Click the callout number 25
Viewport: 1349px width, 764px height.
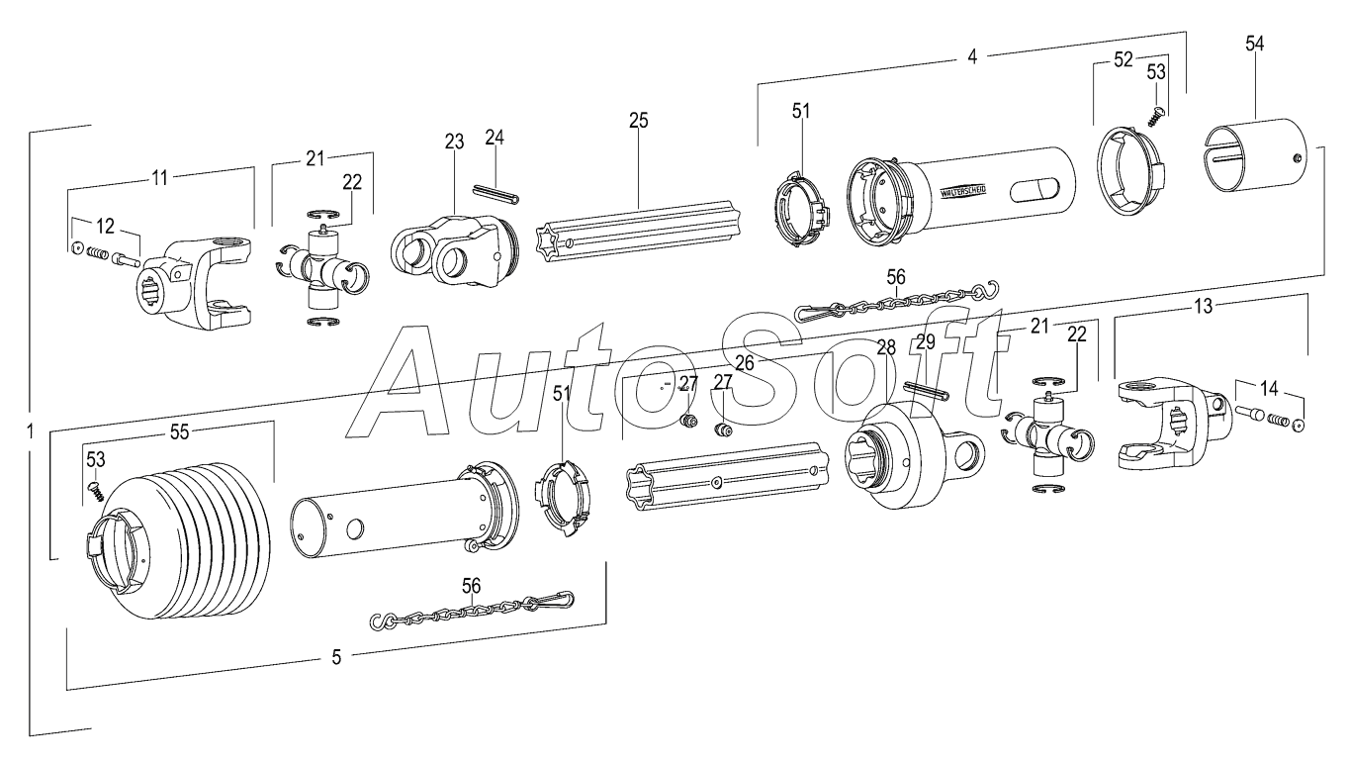638,121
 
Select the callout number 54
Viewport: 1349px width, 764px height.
1254,45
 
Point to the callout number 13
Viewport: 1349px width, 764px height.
1203,308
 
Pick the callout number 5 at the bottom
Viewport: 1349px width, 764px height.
336,657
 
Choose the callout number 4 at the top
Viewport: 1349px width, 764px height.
971,56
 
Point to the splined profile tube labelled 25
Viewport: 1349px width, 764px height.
643,233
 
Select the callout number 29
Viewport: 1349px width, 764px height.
925,342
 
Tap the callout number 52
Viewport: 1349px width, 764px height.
1124,59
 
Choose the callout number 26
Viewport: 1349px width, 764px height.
744,363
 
